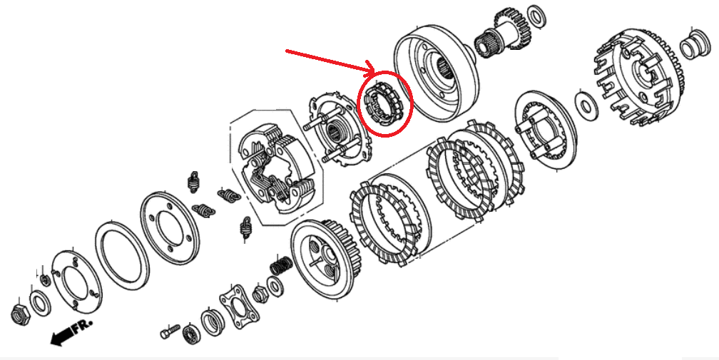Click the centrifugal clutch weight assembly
click(x=275, y=166)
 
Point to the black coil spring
click(x=281, y=266)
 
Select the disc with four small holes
click(x=168, y=225)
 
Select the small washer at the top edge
click(x=537, y=14)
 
